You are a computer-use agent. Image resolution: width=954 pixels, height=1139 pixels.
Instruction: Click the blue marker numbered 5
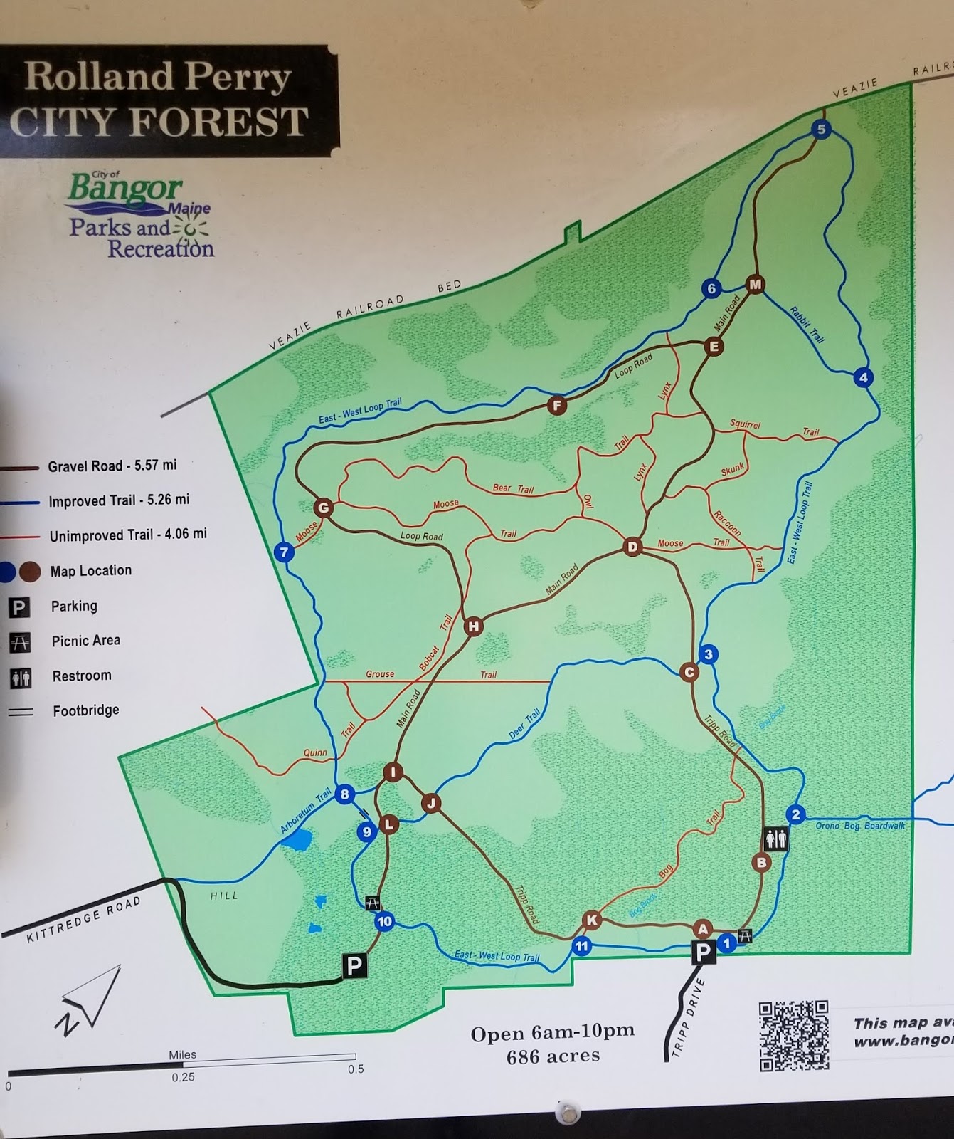(822, 130)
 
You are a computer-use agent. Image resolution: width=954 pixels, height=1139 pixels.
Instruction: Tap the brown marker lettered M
(755, 285)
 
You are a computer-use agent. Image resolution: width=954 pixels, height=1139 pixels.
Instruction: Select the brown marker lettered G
(324, 508)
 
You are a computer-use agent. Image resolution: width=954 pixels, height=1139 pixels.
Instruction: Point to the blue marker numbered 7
(284, 552)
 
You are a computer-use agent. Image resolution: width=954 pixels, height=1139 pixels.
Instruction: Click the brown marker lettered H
(473, 626)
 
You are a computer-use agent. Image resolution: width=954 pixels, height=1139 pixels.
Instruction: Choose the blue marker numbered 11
(582, 946)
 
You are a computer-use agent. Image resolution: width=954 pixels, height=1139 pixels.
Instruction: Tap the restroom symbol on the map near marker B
(775, 838)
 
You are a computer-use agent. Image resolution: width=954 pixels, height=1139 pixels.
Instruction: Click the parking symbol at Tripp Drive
(703, 952)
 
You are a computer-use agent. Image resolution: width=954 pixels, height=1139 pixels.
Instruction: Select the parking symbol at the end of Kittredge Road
(354, 965)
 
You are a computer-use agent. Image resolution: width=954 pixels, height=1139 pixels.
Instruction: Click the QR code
(793, 1035)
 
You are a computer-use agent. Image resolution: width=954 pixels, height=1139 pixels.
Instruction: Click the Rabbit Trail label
(807, 325)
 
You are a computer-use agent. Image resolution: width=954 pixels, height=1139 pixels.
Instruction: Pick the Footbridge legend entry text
(86, 710)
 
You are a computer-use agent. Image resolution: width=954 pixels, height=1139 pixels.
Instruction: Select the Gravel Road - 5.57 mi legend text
(112, 466)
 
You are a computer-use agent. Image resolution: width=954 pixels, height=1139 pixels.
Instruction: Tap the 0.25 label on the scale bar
(183, 1077)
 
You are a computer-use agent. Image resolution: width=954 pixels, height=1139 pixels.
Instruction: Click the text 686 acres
(553, 1056)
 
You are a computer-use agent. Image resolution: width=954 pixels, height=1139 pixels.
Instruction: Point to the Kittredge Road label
(84, 919)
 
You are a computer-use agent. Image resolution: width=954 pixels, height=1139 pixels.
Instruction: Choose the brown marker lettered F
(557, 406)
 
